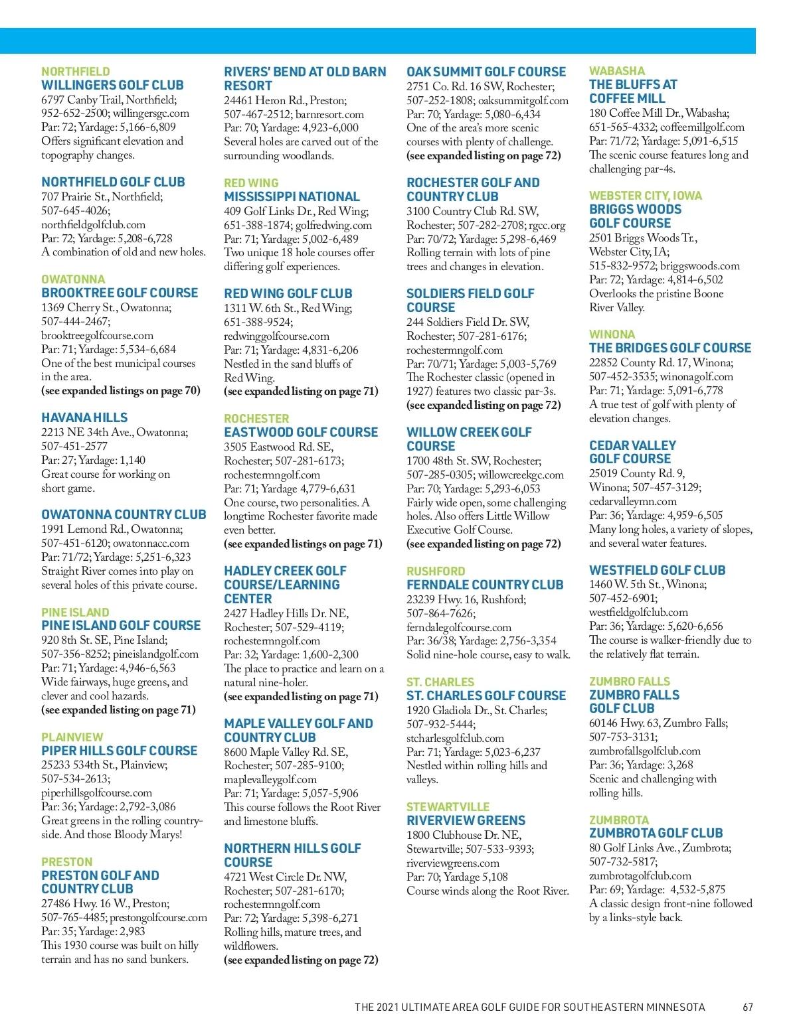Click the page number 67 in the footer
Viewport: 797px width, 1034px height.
coord(748,1007)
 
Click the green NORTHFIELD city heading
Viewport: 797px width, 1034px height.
coord(76,71)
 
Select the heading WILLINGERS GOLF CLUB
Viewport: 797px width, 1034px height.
coord(112,85)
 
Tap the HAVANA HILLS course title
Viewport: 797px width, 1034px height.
coord(84,417)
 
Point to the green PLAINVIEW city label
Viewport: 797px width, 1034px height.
coord(72,737)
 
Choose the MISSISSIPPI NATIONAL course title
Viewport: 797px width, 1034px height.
coord(292,196)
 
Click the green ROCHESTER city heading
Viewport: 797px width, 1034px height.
coord(256,419)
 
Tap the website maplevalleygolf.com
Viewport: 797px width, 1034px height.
coord(270,779)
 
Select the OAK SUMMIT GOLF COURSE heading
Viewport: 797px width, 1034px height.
coord(486,72)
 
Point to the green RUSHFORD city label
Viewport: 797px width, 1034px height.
coord(436,571)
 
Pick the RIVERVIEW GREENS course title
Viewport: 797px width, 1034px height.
coord(466,820)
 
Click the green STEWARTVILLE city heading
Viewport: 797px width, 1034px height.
coord(448,807)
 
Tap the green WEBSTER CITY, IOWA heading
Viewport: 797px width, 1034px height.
coord(645,196)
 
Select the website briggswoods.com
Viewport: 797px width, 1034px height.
coord(700,266)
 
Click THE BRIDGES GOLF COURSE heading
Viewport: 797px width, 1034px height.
coord(669,348)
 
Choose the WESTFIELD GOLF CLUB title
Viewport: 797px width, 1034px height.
coord(657,570)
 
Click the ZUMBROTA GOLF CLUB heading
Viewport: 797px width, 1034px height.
coord(656,833)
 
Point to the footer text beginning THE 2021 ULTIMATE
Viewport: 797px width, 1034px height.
coord(529,1007)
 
